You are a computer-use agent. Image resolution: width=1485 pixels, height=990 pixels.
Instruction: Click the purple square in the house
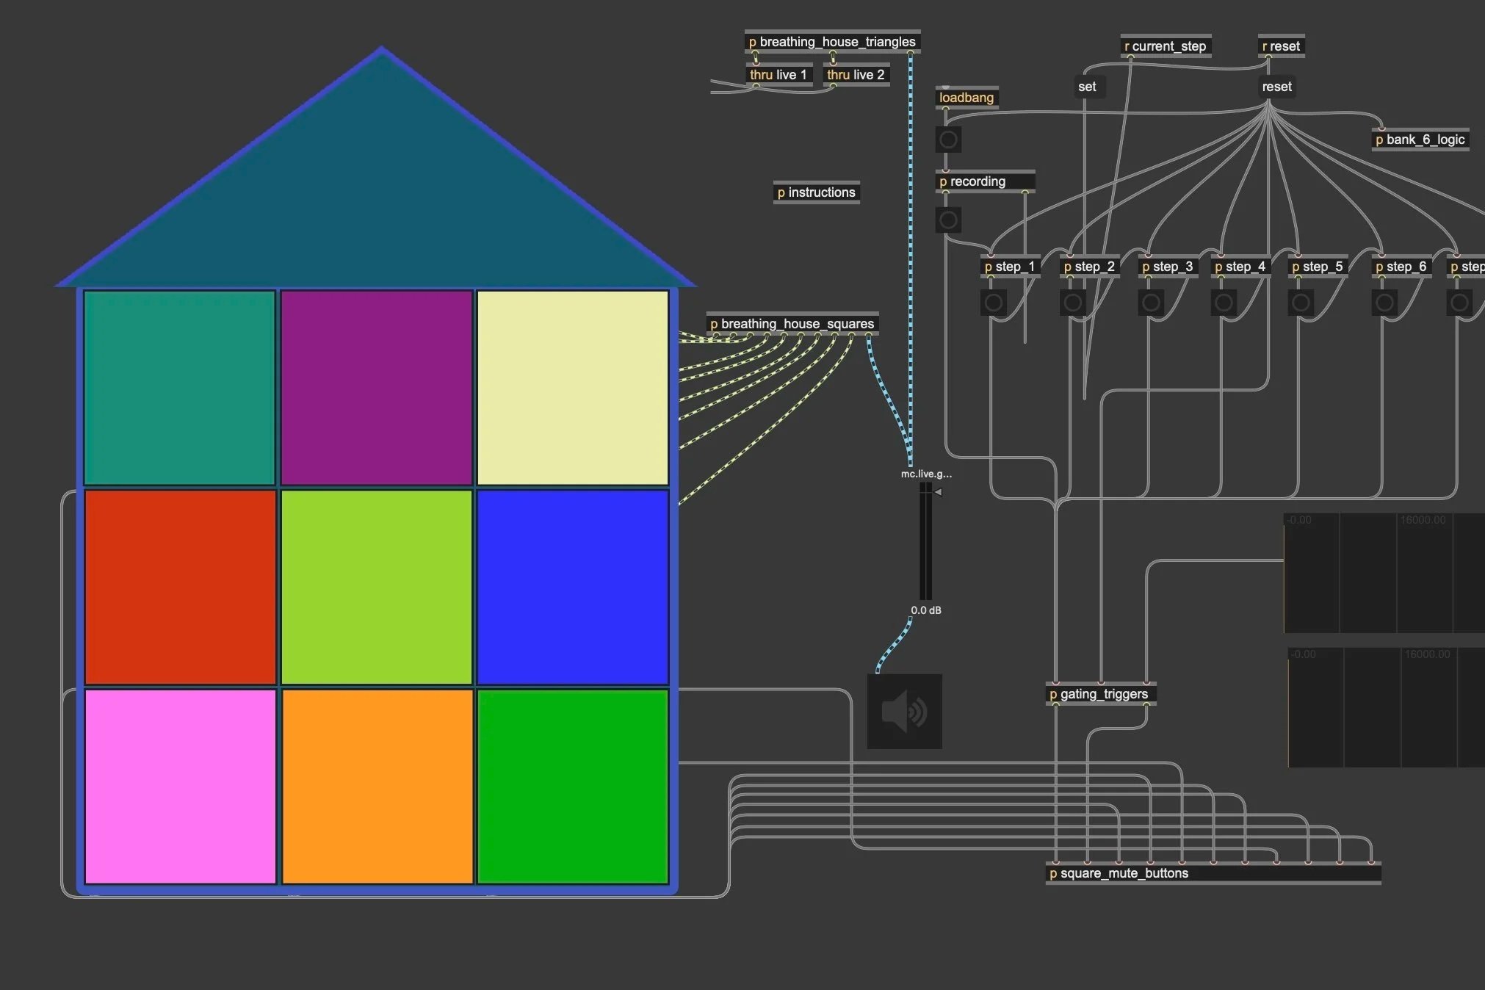pyautogui.click(x=376, y=387)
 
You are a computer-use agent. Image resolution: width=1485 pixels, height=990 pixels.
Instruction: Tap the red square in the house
pyautogui.click(x=180, y=587)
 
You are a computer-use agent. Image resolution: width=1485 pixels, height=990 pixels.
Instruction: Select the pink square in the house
pyautogui.click(x=180, y=786)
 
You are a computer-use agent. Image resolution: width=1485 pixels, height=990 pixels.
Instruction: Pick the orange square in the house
pyautogui.click(x=377, y=786)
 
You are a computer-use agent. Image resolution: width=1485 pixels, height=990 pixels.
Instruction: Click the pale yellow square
pyautogui.click(x=573, y=387)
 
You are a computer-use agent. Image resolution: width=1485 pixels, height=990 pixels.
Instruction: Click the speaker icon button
pyautogui.click(x=904, y=712)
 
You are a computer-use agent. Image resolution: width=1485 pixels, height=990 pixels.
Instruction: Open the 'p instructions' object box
pyautogui.click(x=816, y=192)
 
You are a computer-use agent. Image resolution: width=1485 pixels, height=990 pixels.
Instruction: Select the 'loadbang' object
pyautogui.click(x=966, y=98)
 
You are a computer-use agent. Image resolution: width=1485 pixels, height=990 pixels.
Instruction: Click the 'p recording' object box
pyautogui.click(x=984, y=181)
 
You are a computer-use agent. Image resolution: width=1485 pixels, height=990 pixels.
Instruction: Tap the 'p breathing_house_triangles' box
pyautogui.click(x=832, y=42)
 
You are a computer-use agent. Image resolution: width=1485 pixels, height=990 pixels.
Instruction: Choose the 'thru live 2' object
pyautogui.click(x=856, y=75)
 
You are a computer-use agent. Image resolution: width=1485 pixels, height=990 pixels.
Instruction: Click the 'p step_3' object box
pyautogui.click(x=1167, y=267)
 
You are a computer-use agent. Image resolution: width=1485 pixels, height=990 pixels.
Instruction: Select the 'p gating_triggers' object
pyautogui.click(x=1099, y=694)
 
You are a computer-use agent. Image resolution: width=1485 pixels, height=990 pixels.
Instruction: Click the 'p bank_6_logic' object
pyautogui.click(x=1420, y=140)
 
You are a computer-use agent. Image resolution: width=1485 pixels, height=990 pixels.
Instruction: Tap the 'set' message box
pyautogui.click(x=1087, y=87)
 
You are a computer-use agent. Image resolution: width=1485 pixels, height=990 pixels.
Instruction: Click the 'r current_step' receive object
pyautogui.click(x=1165, y=46)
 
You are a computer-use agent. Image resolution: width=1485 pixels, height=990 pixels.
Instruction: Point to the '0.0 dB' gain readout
pyautogui.click(x=925, y=610)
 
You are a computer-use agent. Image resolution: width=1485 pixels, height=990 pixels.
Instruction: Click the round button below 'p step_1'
pyautogui.click(x=994, y=303)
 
